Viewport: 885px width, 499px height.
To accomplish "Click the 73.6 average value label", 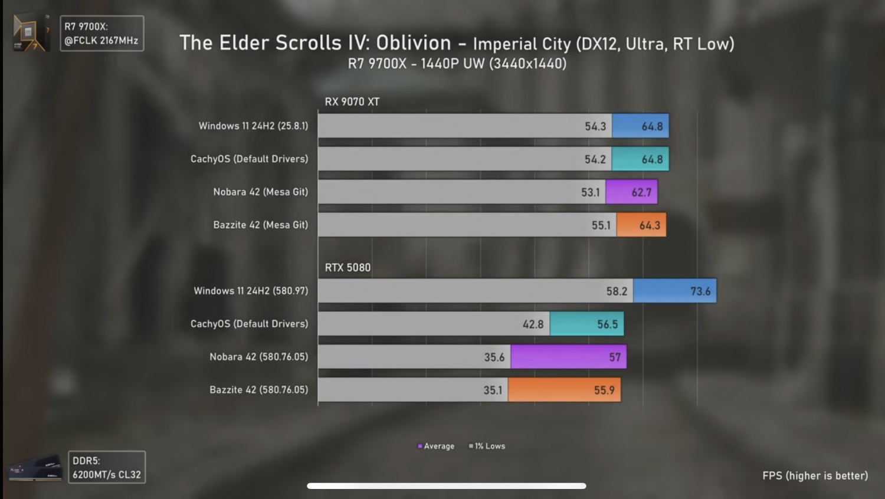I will [700, 291].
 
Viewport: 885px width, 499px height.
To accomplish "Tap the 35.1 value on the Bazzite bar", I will [493, 390].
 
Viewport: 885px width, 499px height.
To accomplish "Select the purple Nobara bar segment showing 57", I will [568, 357].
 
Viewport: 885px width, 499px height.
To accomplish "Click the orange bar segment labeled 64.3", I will [641, 225].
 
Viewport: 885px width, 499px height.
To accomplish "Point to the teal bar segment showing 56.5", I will [586, 324].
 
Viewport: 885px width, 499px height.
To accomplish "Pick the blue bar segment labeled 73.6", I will [674, 291].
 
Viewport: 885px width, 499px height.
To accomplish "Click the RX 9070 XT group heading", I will [352, 101].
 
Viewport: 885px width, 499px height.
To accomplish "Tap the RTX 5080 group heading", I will [348, 268].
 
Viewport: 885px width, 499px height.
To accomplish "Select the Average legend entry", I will [436, 447].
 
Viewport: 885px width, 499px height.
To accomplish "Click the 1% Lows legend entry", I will [487, 447].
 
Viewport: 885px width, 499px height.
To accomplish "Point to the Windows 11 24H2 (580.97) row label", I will [251, 291].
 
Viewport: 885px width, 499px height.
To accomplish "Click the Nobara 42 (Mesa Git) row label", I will [260, 192].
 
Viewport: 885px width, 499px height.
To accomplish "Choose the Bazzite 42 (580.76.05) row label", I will [258, 390].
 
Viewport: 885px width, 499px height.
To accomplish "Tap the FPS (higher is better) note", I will [815, 475].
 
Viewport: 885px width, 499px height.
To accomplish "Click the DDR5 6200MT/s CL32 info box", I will [107, 467].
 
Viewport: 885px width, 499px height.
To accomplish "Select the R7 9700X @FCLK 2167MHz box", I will [101, 34].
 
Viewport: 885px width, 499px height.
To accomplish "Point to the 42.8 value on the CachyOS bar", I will [533, 324].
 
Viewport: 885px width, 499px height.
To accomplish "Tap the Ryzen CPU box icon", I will [30, 32].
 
